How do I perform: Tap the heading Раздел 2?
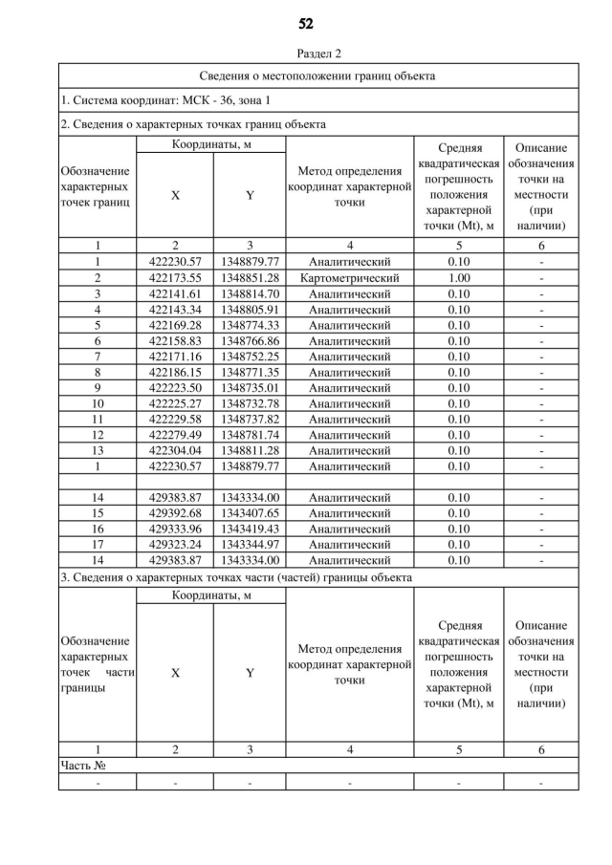coord(306,54)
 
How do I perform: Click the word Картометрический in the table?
coord(349,278)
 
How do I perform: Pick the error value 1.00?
coord(459,278)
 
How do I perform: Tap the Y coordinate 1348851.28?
coord(249,278)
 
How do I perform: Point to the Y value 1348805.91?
coord(249,310)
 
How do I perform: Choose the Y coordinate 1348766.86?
coord(249,341)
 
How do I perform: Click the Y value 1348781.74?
coord(249,435)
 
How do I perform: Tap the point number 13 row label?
coord(98,450)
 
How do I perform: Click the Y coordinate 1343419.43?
coord(249,529)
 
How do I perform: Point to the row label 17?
coord(98,544)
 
